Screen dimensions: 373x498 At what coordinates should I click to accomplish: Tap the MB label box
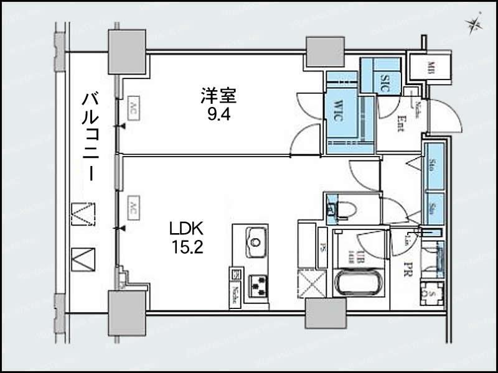click(431, 67)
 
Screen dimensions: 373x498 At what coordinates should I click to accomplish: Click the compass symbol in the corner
click(475, 24)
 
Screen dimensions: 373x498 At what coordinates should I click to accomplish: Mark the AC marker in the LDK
click(133, 208)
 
